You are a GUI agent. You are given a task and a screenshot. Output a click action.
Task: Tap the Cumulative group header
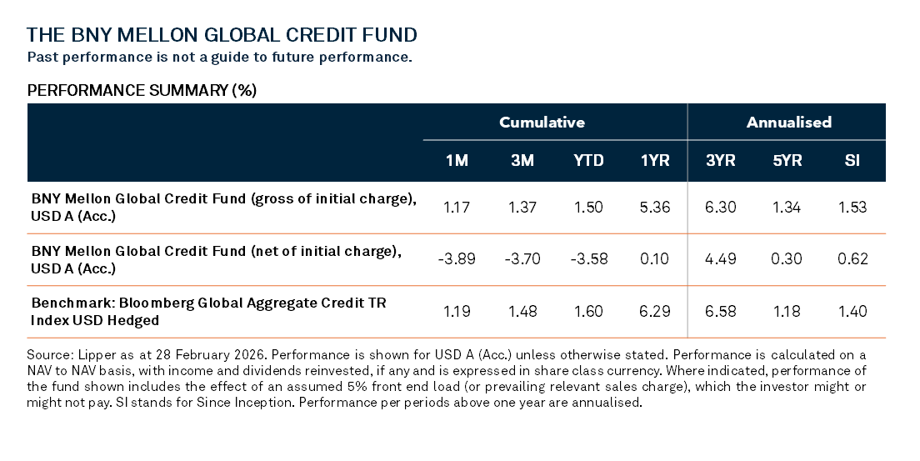coord(542,123)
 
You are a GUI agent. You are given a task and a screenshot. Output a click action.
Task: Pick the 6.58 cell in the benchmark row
coord(720,312)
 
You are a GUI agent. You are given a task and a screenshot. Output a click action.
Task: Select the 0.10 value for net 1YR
coord(654,259)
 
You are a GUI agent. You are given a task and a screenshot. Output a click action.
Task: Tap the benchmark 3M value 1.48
coord(522,312)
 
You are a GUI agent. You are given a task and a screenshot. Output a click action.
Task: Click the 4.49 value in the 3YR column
coord(720,259)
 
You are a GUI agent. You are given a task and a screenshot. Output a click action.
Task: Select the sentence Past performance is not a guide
coord(220,58)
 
